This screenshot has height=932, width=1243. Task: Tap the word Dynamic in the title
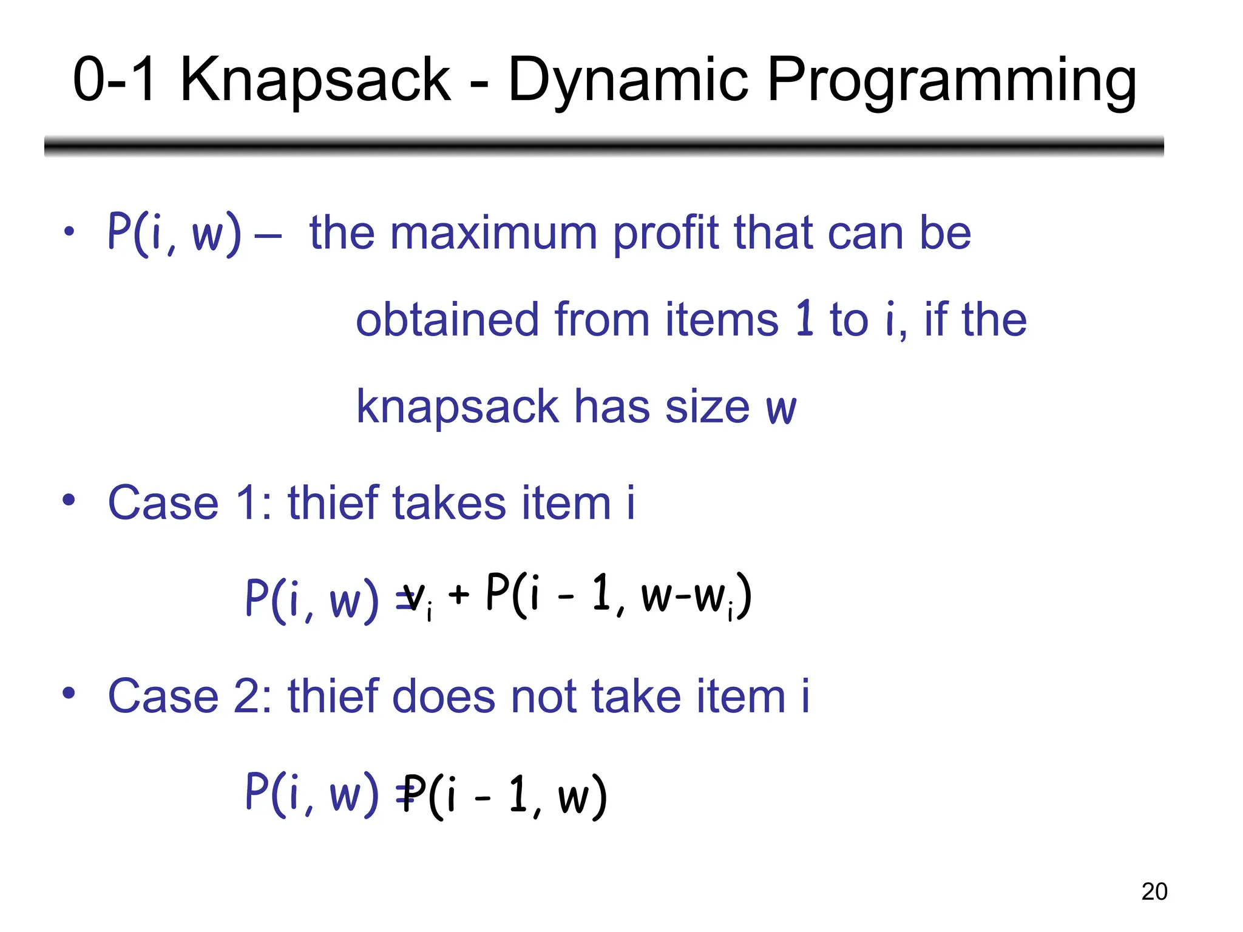[x=628, y=80]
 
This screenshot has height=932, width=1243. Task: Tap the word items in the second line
[x=722, y=320]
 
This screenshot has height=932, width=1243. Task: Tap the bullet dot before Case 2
[x=69, y=693]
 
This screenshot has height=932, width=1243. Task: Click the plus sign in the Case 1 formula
[x=459, y=595]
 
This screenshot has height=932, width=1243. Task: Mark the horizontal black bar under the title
[x=604, y=146]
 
